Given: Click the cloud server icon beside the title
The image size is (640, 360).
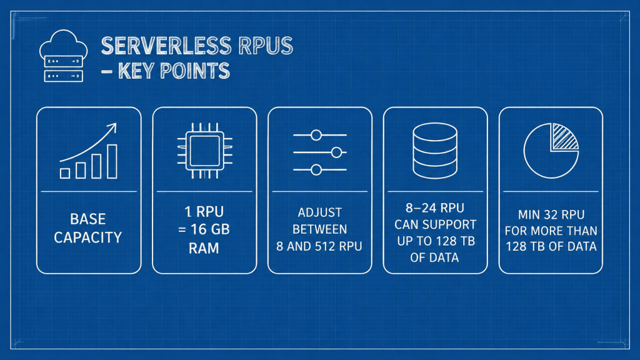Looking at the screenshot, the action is (63, 56).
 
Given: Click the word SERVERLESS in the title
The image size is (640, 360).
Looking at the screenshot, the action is (166, 46).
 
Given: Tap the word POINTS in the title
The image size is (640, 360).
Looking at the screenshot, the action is (195, 71).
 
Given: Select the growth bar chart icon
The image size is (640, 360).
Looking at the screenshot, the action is (89, 151).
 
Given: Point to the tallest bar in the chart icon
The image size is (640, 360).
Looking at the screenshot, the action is (112, 162).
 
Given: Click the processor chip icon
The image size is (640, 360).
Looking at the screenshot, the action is (204, 151).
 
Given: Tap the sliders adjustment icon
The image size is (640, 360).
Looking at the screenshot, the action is (320, 152).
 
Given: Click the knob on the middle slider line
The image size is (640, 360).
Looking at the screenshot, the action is (336, 152).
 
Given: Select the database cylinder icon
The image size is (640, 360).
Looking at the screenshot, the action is (435, 151).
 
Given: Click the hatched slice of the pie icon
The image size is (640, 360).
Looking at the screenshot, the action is (564, 136).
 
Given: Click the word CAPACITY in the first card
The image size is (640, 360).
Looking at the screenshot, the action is (87, 237).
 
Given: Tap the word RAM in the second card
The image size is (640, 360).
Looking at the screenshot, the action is (204, 248).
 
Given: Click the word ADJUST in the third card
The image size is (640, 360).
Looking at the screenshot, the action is (319, 212).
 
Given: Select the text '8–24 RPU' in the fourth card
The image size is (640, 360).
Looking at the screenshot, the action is (435, 208).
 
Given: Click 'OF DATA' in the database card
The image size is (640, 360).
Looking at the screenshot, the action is (434, 257).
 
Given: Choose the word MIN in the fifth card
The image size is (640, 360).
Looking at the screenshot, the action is (528, 215).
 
